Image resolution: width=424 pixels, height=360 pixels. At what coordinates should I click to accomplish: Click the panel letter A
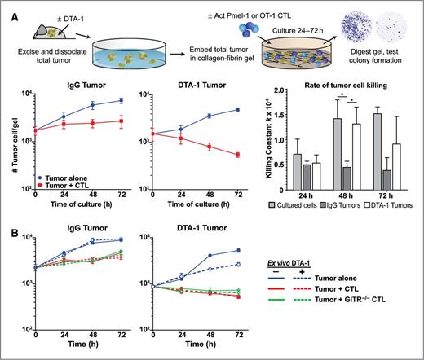click(x=7, y=6)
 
